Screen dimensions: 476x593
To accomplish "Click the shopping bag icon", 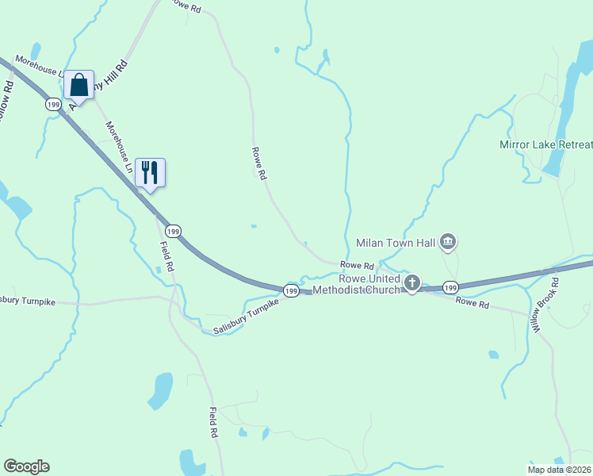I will click(x=79, y=84).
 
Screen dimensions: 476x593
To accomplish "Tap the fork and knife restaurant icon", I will click(x=150, y=172).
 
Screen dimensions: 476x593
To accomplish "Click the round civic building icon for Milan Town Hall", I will click(x=448, y=242).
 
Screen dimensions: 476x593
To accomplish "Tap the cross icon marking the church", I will click(x=412, y=283).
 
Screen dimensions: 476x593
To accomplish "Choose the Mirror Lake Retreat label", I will click(x=545, y=144).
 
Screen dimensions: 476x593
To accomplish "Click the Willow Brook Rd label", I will click(x=545, y=305).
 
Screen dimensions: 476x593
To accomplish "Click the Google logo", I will click(x=26, y=466).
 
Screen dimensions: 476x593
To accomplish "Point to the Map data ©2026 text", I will click(x=560, y=469).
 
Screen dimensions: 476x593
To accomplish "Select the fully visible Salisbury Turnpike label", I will click(x=247, y=317).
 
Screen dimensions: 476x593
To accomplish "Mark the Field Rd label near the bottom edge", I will click(x=213, y=423).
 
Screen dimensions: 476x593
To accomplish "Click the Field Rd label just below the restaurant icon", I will click(x=167, y=256).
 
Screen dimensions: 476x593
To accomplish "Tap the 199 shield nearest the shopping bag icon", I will click(x=54, y=104).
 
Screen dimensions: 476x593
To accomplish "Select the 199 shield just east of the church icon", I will click(x=450, y=286).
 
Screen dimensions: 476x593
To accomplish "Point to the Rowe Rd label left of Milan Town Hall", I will click(x=357, y=265).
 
